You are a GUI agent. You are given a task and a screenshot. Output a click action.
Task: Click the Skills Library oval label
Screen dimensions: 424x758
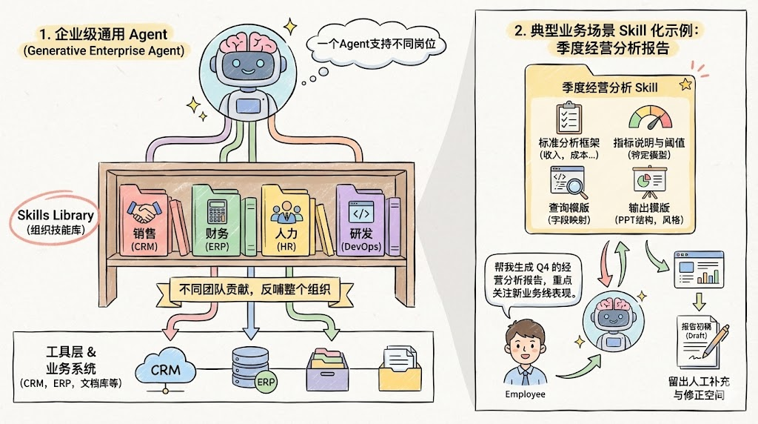coord(56,219)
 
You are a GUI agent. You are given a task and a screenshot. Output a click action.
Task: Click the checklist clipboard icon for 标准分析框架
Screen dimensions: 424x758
coord(568,119)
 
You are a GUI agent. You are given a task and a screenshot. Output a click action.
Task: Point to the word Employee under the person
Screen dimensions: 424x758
coord(525,394)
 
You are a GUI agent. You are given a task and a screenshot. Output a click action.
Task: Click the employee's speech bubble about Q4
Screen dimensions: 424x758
coord(530,279)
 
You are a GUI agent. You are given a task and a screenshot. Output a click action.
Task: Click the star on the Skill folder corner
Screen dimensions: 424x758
coord(685,84)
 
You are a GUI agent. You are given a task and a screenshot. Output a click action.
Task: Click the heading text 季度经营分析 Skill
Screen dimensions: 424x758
coord(610,87)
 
